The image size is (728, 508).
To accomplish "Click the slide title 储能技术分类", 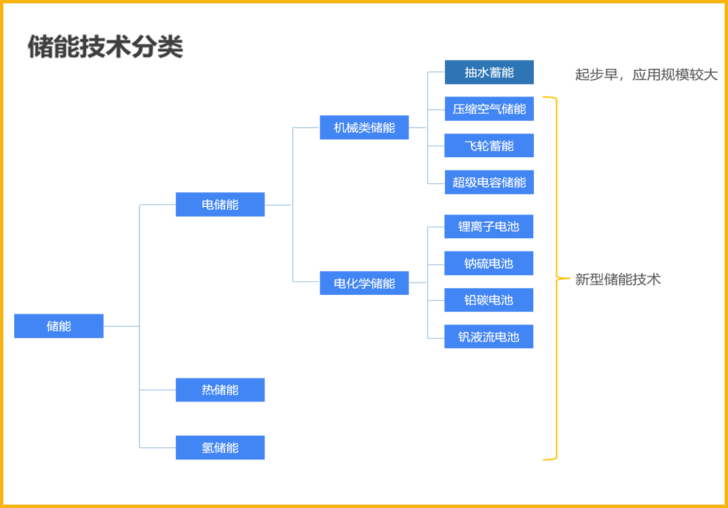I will [x=105, y=47].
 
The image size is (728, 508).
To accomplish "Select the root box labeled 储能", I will [x=59, y=326].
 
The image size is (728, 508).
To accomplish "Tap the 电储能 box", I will [x=220, y=204].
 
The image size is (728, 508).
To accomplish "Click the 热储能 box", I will [x=220, y=390].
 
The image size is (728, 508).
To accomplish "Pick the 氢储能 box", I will [x=220, y=448].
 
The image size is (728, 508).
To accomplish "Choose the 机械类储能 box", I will [x=364, y=128].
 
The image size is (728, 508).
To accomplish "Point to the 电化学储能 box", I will [x=364, y=283].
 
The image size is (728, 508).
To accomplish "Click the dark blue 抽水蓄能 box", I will [x=489, y=72].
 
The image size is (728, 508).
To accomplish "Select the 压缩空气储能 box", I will [x=489, y=109].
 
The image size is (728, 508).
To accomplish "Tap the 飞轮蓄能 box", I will [x=489, y=146].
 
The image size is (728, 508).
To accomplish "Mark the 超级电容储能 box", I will [x=489, y=182].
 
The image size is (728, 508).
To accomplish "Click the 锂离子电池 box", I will [x=489, y=227].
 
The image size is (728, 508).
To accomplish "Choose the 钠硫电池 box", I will [x=489, y=263].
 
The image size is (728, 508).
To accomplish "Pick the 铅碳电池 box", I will [x=489, y=300].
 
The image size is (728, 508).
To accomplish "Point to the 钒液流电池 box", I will [x=489, y=337].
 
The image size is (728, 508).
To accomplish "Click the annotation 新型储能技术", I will [x=617, y=279].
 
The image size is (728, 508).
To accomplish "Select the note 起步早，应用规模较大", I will [x=646, y=75].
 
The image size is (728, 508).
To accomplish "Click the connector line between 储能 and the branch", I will [x=121, y=326].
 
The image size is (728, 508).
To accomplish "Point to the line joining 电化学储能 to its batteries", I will [x=418, y=283].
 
